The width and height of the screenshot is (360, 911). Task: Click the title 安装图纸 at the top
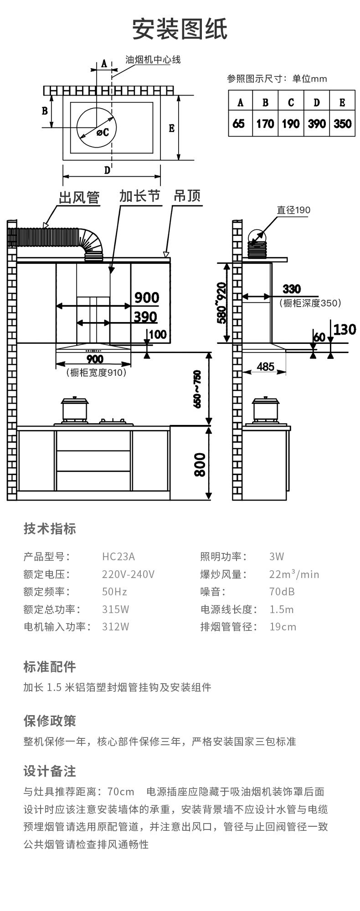point(180,30)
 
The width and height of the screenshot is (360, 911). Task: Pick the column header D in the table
point(316,102)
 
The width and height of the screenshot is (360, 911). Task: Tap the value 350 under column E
point(342,124)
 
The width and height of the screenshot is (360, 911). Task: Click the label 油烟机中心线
point(153,60)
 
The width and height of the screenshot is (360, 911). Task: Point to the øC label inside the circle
point(102,132)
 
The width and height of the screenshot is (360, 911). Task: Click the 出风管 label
point(79,197)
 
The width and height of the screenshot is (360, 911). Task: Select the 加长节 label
point(139,196)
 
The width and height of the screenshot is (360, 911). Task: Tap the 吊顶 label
point(187,196)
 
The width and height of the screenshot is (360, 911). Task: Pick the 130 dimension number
point(344,329)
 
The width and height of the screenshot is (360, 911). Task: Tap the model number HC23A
point(118,556)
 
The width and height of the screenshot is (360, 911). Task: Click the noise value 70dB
point(282,591)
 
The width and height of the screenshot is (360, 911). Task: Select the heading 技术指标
point(50,528)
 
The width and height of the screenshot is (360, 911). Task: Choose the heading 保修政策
point(50,721)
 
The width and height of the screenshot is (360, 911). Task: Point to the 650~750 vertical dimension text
point(197,389)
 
